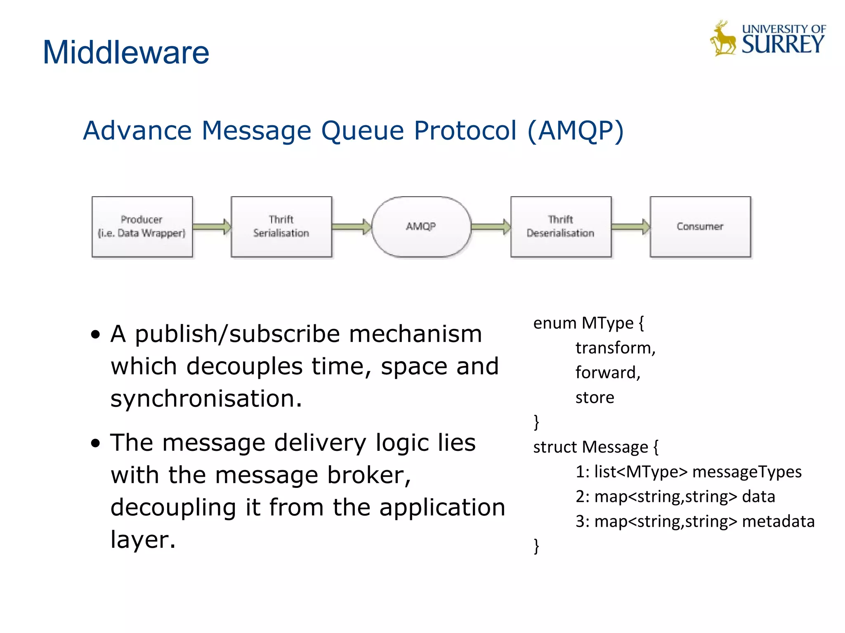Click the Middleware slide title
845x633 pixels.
pos(126,53)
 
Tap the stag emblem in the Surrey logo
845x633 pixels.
pos(723,39)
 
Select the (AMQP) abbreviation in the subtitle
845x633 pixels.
pos(575,131)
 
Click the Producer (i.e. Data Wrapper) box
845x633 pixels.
pos(142,227)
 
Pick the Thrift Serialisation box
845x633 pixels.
pos(281,227)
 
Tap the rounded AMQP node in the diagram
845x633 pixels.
pos(421,227)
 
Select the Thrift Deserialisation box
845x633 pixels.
pos(560,227)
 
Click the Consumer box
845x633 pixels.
pos(700,227)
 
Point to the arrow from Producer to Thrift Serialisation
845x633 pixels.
pos(211,227)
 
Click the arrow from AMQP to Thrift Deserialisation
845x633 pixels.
pos(490,227)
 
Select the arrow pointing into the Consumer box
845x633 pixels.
pos(630,227)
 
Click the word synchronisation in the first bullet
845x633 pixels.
pos(205,399)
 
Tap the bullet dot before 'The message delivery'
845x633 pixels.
pos(96,443)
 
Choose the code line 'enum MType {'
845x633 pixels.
pos(588,323)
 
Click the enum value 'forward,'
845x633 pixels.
pos(607,373)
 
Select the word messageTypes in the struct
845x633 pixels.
pos(746,472)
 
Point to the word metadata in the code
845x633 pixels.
pos(778,521)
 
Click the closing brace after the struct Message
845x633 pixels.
pos(536,546)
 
